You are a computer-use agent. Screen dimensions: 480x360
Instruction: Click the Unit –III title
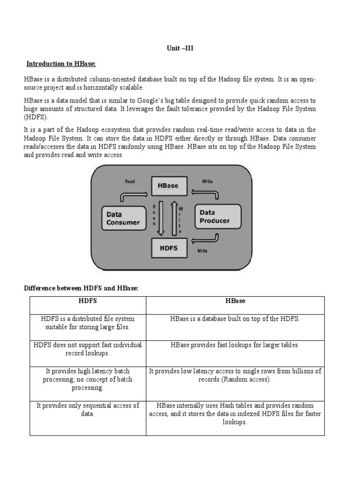click(x=180, y=48)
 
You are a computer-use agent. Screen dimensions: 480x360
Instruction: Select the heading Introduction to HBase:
click(x=64, y=64)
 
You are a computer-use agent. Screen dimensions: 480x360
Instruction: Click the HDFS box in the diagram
click(x=169, y=248)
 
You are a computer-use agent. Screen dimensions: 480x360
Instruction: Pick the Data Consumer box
click(x=123, y=218)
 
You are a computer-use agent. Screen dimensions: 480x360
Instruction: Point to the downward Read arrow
click(x=161, y=218)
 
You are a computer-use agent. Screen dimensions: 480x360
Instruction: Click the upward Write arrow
click(x=174, y=218)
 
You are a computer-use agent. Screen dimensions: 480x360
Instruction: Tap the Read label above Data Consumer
click(x=129, y=181)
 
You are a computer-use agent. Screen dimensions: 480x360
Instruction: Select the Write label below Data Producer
click(x=202, y=251)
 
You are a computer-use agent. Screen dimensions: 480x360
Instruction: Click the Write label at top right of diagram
click(x=207, y=181)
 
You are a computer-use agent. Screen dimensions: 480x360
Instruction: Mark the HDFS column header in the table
click(x=88, y=301)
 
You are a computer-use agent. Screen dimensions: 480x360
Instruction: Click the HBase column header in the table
click(x=235, y=301)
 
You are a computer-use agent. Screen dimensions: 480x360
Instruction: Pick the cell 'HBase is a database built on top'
click(x=235, y=319)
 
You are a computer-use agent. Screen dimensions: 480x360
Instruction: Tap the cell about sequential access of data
click(x=88, y=410)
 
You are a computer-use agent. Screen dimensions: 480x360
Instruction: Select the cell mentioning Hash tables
click(x=235, y=413)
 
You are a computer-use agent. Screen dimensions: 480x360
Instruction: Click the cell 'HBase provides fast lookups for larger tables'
click(x=235, y=345)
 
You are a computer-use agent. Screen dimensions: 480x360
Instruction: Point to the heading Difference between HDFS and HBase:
click(x=81, y=288)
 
